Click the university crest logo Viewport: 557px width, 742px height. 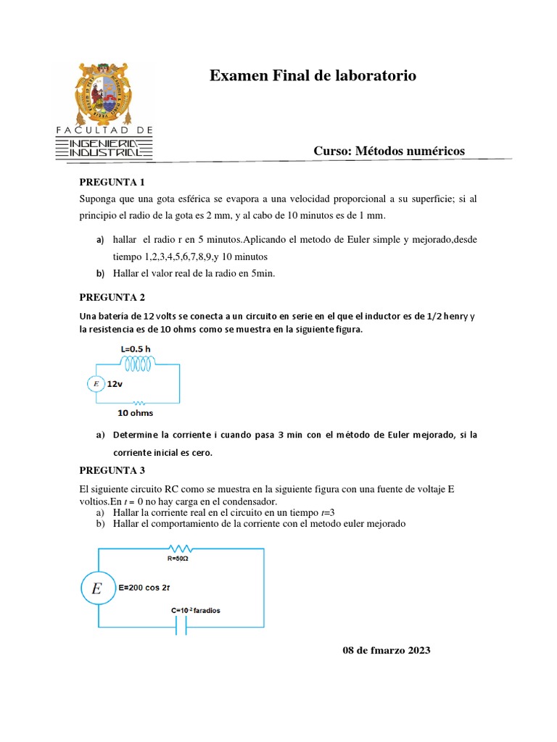104,90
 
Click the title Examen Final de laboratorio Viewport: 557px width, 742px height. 313,76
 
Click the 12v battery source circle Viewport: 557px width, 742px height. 96,384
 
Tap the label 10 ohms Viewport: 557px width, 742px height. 136,413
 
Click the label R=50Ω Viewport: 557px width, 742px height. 179,558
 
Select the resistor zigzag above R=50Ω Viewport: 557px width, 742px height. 178,549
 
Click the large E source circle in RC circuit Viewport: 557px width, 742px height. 96,590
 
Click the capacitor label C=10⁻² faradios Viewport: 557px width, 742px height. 196,610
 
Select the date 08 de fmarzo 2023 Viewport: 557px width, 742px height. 386,650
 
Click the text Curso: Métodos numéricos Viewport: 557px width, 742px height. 389,151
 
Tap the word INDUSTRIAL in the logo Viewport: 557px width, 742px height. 104,153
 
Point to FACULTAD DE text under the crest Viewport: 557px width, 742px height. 104,130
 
